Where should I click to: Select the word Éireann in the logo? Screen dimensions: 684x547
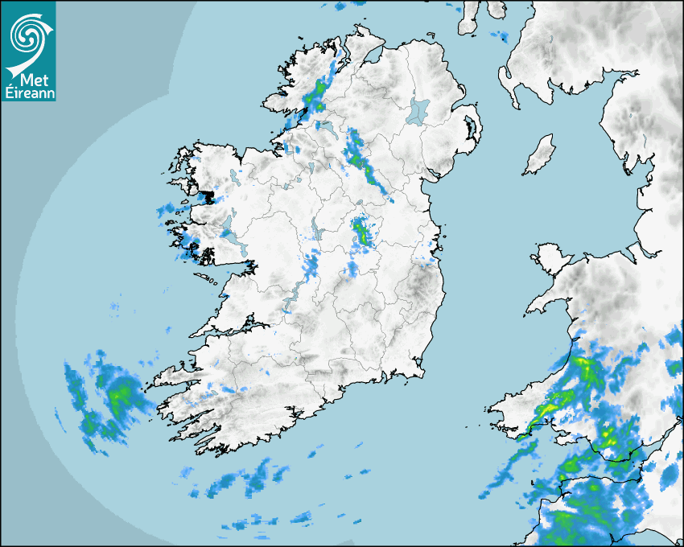click(28, 93)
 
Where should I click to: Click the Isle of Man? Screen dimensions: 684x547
click(539, 155)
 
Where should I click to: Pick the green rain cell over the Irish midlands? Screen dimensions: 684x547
click(361, 231)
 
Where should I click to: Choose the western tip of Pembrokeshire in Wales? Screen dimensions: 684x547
click(496, 410)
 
